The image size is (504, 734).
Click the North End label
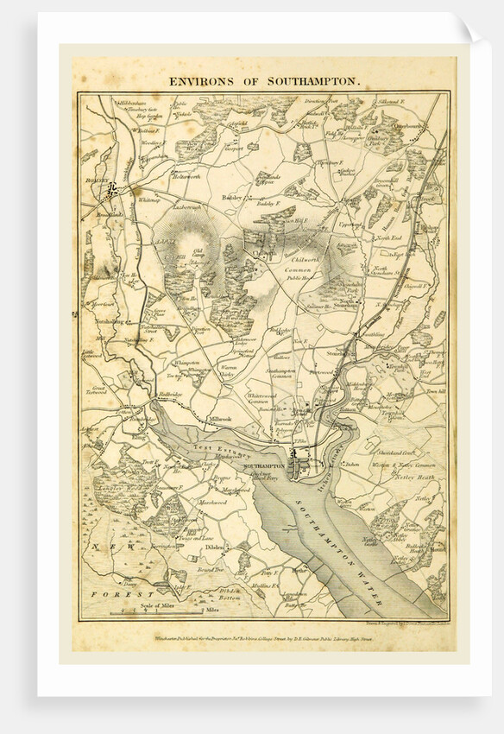pyautogui.click(x=391, y=237)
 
